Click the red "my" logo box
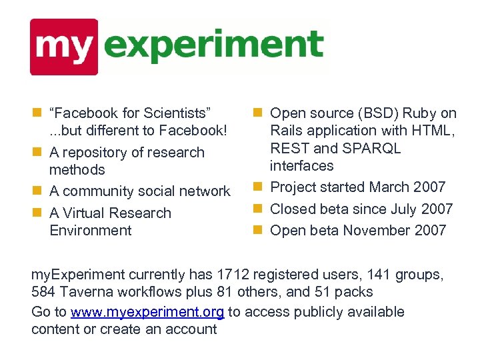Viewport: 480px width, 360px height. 64,47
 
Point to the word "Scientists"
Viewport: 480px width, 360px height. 176,113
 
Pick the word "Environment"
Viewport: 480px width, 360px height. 91,231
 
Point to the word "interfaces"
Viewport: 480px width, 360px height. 302,165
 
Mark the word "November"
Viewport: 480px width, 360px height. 372,231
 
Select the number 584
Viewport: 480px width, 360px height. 43,291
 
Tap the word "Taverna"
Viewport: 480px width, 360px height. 85,291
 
